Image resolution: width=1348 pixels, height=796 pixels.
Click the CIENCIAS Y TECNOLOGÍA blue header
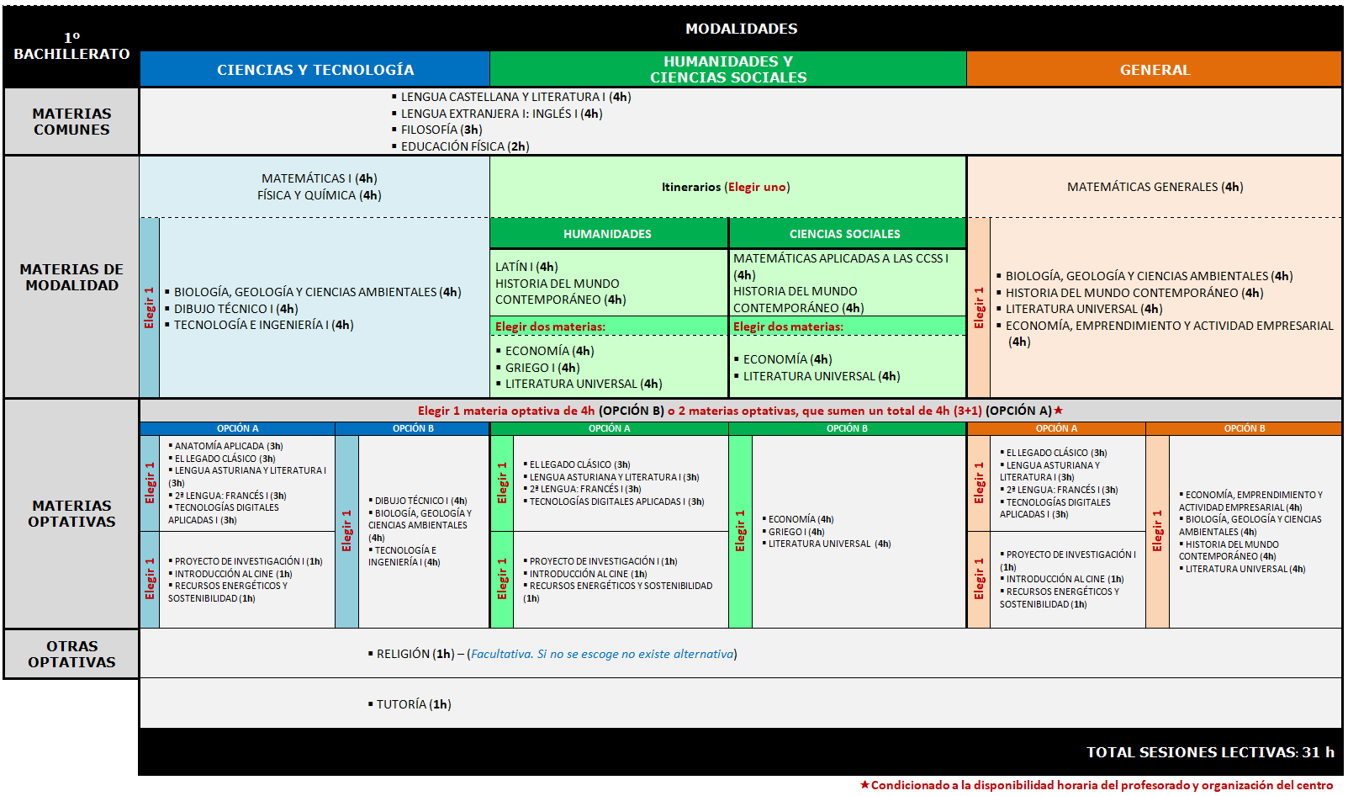click(x=315, y=70)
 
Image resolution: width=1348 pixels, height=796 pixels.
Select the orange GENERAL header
click(x=1155, y=70)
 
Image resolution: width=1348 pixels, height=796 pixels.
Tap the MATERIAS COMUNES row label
click(x=71, y=121)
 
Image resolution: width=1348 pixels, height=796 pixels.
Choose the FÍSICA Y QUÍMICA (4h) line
click(x=319, y=195)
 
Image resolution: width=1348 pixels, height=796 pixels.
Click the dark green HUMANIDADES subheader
click(x=607, y=234)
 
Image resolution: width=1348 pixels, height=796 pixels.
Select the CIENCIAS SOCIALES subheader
click(x=844, y=234)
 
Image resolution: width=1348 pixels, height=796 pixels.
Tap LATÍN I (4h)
click(x=526, y=267)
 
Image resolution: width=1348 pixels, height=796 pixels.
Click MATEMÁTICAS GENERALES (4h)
click(x=1155, y=187)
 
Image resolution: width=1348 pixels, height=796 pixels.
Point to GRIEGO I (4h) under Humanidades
click(x=542, y=368)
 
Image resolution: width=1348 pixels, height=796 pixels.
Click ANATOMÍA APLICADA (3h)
click(x=228, y=446)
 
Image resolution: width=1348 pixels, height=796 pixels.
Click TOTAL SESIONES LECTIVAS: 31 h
click(x=1209, y=752)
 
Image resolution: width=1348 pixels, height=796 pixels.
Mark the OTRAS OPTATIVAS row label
click(x=71, y=654)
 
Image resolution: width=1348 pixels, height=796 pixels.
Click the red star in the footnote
click(x=864, y=785)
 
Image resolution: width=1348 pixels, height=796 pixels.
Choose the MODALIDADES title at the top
click(x=741, y=29)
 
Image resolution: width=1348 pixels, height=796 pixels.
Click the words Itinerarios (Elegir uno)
click(x=726, y=187)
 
